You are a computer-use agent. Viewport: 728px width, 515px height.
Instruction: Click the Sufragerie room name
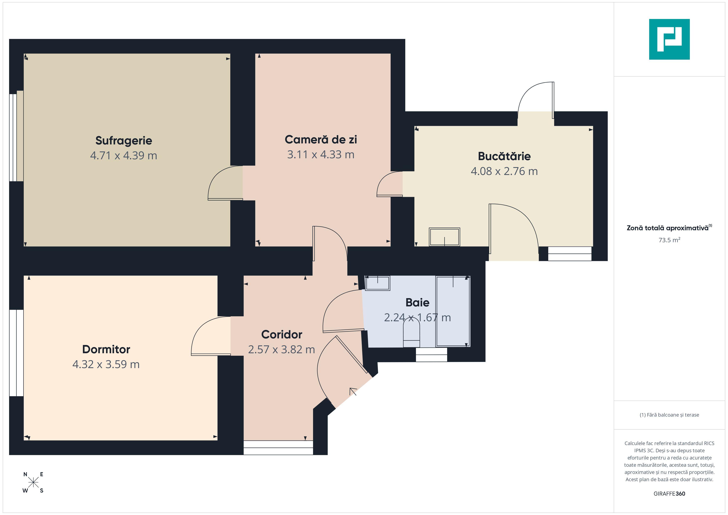(x=124, y=141)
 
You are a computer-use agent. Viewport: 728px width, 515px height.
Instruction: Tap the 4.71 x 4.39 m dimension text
(x=124, y=155)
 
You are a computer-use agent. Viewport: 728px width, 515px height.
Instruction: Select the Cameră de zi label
(x=321, y=139)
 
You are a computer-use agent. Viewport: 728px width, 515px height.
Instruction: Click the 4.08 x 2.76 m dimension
(x=504, y=171)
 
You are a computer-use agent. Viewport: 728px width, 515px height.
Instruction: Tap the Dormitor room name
(x=106, y=349)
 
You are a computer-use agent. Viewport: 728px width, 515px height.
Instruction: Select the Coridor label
(x=281, y=334)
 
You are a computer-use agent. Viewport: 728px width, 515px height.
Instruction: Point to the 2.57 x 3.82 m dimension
(x=281, y=350)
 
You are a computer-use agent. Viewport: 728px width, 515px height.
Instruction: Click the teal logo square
(x=669, y=39)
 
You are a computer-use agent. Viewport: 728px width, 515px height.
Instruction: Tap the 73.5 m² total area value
(x=669, y=240)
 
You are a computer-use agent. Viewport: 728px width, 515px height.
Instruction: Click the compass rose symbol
(x=33, y=483)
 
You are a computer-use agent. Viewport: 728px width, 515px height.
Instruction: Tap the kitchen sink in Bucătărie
(x=444, y=237)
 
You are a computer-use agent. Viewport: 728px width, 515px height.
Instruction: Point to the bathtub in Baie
(x=453, y=311)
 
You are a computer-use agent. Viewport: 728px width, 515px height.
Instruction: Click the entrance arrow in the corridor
(x=353, y=391)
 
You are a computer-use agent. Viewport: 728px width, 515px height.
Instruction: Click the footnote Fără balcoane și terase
(x=669, y=415)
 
